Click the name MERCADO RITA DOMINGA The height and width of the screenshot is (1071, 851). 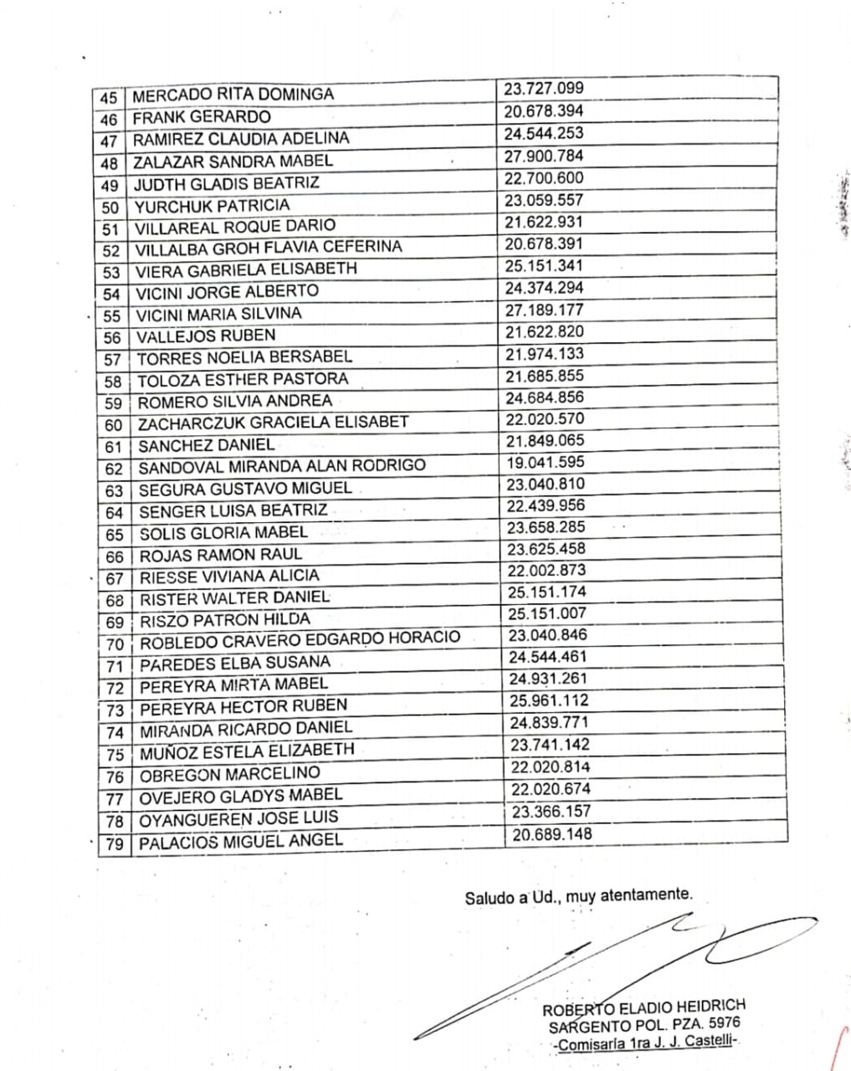click(x=233, y=95)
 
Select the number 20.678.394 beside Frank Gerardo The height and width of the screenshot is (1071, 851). click(x=544, y=111)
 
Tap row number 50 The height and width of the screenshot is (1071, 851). click(x=110, y=207)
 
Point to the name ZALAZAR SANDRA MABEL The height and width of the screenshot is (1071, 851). click(x=233, y=161)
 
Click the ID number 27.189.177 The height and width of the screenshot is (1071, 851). click(x=544, y=310)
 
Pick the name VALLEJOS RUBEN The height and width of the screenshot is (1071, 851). click(x=206, y=336)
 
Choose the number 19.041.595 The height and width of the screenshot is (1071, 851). click(x=545, y=463)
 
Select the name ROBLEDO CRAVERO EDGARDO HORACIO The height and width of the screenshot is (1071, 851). click(x=300, y=640)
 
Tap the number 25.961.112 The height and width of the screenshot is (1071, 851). click(x=549, y=701)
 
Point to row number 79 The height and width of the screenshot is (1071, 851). click(x=115, y=843)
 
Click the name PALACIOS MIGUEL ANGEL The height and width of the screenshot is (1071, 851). click(x=241, y=841)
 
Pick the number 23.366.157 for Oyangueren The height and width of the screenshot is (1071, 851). click(x=551, y=811)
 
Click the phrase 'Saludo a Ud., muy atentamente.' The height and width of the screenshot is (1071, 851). click(x=579, y=896)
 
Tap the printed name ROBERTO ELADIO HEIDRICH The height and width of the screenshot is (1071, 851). click(x=643, y=1007)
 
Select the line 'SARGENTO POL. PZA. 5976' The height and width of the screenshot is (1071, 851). click(x=644, y=1025)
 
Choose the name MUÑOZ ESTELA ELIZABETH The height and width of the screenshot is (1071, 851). click(x=247, y=751)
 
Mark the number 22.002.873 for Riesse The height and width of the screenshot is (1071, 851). click(x=546, y=571)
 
